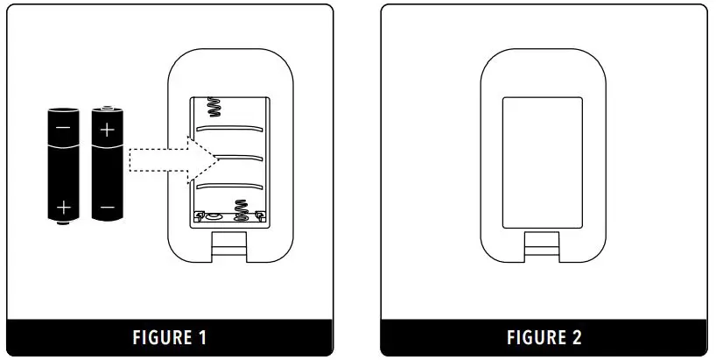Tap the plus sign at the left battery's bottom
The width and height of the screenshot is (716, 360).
pos(63,208)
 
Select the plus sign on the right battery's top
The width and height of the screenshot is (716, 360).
pos(107,131)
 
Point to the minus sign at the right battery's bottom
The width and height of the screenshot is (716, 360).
pos(107,208)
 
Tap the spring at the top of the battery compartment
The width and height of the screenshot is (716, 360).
pos(213,108)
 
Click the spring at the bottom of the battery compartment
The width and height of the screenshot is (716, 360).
pos(240,210)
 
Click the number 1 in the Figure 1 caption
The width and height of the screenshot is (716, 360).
pos(202,337)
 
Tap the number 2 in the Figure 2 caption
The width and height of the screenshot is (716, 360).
pos(577,337)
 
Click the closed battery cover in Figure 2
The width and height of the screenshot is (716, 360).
pos(543,163)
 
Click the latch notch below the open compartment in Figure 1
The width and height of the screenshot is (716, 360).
pos(229,244)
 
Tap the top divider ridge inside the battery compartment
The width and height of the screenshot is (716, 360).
pos(229,127)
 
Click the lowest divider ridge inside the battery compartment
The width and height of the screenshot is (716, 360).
pos(229,185)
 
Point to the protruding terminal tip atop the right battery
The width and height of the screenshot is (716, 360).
pos(107,106)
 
